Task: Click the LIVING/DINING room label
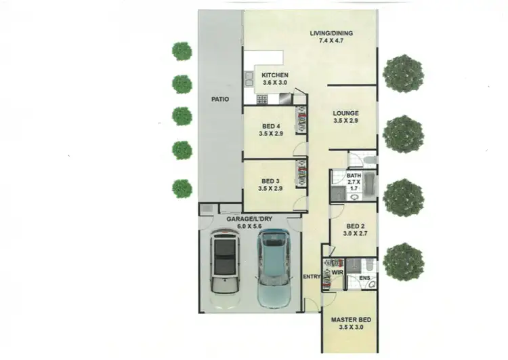331,33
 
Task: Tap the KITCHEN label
275,75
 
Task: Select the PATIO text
219,99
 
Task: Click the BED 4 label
270,126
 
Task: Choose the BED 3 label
270,181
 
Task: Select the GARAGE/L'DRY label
250,219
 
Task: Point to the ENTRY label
312,277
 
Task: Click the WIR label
337,273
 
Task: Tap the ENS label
364,278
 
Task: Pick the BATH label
354,176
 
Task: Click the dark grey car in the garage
224,260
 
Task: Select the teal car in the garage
275,266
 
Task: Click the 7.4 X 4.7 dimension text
331,41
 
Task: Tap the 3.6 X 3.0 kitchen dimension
275,83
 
